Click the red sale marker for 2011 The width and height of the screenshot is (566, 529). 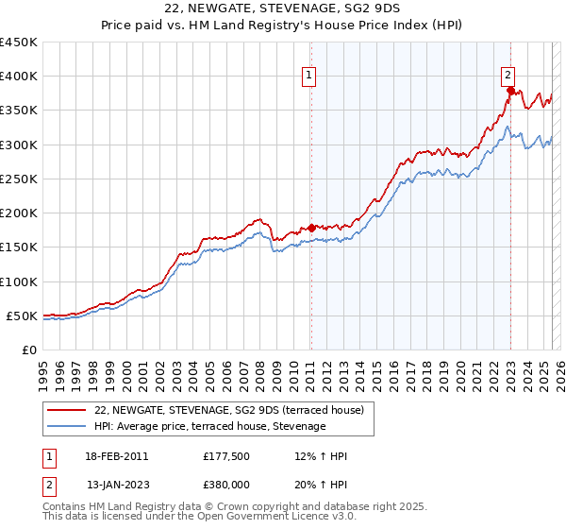tap(311, 228)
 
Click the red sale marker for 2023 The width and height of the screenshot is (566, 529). tap(510, 91)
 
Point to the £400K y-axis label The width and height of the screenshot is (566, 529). tap(19, 77)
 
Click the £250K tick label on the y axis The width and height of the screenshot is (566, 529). tap(19, 179)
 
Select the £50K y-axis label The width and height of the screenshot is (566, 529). tap(23, 316)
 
